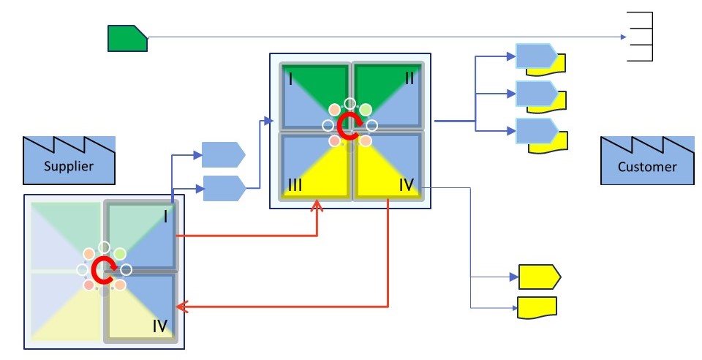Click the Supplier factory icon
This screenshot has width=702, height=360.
(69, 161)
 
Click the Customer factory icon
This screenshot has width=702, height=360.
(647, 161)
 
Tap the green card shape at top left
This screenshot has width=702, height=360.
(127, 38)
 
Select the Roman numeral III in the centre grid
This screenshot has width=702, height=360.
(295, 185)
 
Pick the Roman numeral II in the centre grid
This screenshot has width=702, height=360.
(409, 78)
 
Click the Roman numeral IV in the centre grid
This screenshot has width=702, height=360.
(407, 184)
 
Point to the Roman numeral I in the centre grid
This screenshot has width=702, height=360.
(291, 80)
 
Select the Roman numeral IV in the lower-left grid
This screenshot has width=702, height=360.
(160, 326)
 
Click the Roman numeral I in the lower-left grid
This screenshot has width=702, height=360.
(166, 217)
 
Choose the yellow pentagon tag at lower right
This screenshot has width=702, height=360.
(540, 277)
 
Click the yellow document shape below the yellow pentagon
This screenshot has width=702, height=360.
(537, 307)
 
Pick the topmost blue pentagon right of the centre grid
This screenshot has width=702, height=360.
(537, 56)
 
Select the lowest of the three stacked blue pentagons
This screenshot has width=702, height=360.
(537, 131)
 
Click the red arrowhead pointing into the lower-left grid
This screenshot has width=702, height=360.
(181, 307)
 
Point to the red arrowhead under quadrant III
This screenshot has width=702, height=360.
(317, 206)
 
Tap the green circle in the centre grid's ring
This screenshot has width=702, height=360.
(366, 109)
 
